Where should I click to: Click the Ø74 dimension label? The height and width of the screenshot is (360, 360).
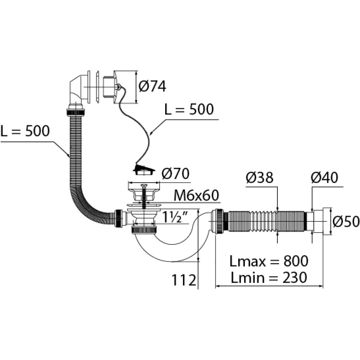pyautogui.click(x=152, y=86)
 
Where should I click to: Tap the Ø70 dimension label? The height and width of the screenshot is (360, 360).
pyautogui.click(x=175, y=174)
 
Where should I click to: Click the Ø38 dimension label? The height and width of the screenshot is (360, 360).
pyautogui.click(x=260, y=178)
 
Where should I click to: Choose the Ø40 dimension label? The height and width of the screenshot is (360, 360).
pyautogui.click(x=325, y=178)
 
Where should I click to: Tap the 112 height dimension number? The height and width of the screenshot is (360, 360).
pyautogui.click(x=183, y=280)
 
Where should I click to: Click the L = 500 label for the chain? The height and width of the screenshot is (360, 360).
pyautogui.click(x=189, y=109)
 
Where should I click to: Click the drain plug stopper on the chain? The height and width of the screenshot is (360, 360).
pyautogui.click(x=145, y=170)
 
